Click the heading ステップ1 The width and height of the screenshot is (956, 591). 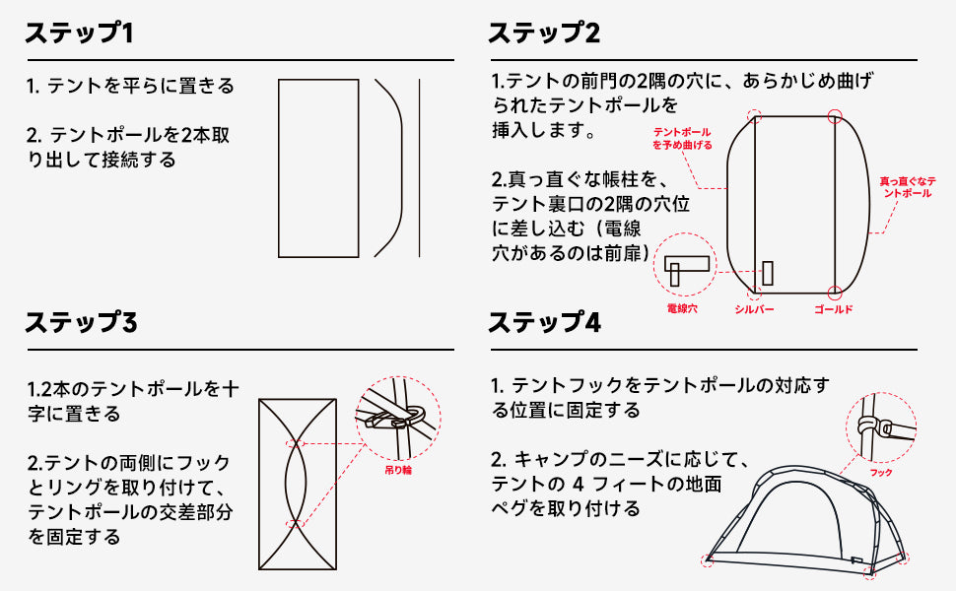pos(79,33)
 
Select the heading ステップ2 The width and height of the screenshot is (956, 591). pos(544,33)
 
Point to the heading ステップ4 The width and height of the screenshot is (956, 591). pos(544,322)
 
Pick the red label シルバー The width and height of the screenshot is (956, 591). pos(754,309)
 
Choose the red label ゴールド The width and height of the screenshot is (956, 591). pos(833,309)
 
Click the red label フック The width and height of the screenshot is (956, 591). pos(881,473)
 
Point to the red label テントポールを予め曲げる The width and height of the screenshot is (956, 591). pos(683,138)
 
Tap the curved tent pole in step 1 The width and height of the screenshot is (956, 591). pos(392,168)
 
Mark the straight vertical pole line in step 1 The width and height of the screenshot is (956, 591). pos(419,168)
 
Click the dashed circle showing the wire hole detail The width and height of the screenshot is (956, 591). pos(686,264)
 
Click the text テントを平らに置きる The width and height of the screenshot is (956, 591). pos(130,86)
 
